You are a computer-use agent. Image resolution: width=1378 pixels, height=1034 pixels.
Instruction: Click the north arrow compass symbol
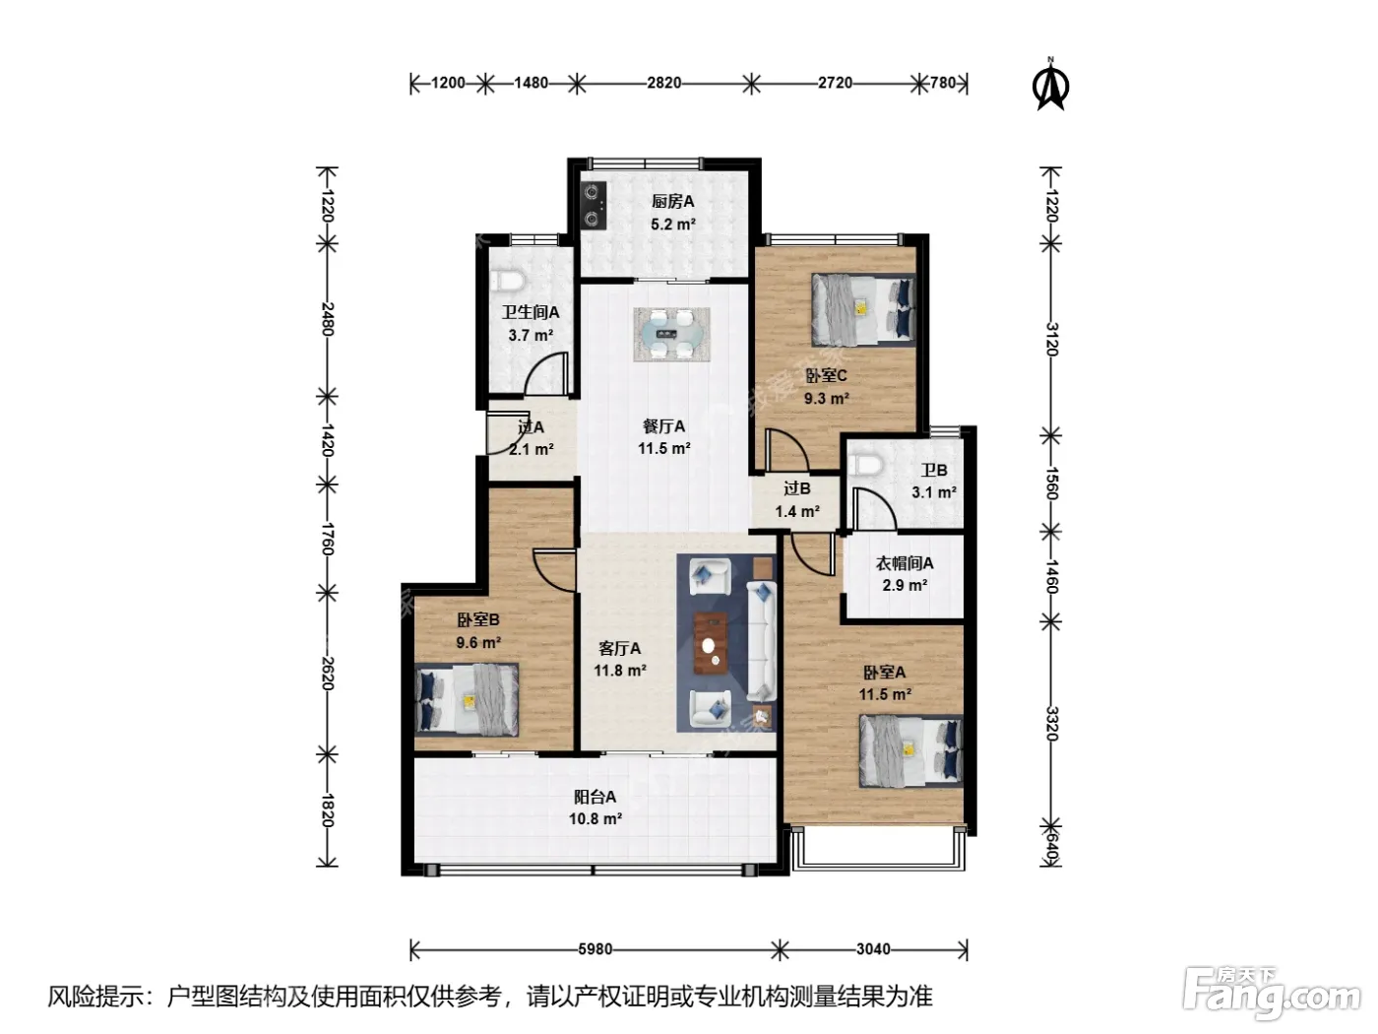1049,84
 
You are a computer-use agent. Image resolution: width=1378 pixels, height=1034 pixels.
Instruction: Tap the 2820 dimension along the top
663,83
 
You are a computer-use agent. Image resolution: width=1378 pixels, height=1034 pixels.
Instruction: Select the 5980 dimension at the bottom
595,948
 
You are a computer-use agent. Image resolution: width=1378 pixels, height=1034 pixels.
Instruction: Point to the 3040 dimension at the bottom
873,948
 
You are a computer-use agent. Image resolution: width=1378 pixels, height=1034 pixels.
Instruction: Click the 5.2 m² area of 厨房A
673,225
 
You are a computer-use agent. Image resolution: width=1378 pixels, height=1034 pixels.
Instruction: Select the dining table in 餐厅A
671,334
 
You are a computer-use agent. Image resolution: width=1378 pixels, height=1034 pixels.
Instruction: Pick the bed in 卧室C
862,309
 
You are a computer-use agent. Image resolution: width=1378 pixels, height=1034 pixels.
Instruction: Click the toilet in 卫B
866,465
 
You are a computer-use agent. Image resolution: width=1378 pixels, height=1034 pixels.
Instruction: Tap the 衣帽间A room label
904,563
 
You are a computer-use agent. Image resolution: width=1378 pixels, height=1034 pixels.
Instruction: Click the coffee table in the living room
711,642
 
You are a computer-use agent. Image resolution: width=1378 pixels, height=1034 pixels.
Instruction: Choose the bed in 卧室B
467,698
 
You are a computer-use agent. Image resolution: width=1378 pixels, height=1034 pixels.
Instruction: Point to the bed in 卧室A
910,750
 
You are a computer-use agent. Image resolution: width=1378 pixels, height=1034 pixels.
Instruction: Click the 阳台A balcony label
595,797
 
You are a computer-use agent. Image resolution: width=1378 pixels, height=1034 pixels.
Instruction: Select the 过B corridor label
796,487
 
